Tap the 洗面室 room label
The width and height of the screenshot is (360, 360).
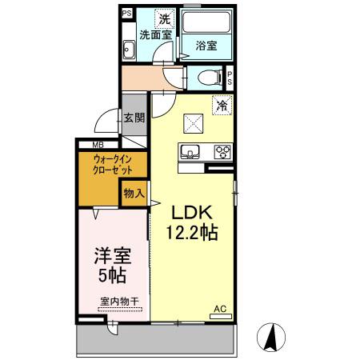click(156, 35)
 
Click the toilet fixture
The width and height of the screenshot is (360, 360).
click(207, 78)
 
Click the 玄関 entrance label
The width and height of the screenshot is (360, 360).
click(134, 118)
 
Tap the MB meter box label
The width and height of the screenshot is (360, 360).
click(98, 145)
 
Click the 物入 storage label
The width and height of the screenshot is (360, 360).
click(134, 193)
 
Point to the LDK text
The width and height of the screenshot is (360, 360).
click(192, 213)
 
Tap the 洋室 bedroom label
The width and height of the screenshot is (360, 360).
click(112, 257)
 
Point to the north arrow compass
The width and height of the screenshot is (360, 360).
click(271, 337)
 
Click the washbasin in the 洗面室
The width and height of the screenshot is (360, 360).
click(129, 50)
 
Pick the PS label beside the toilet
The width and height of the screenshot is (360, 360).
click(230, 78)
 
